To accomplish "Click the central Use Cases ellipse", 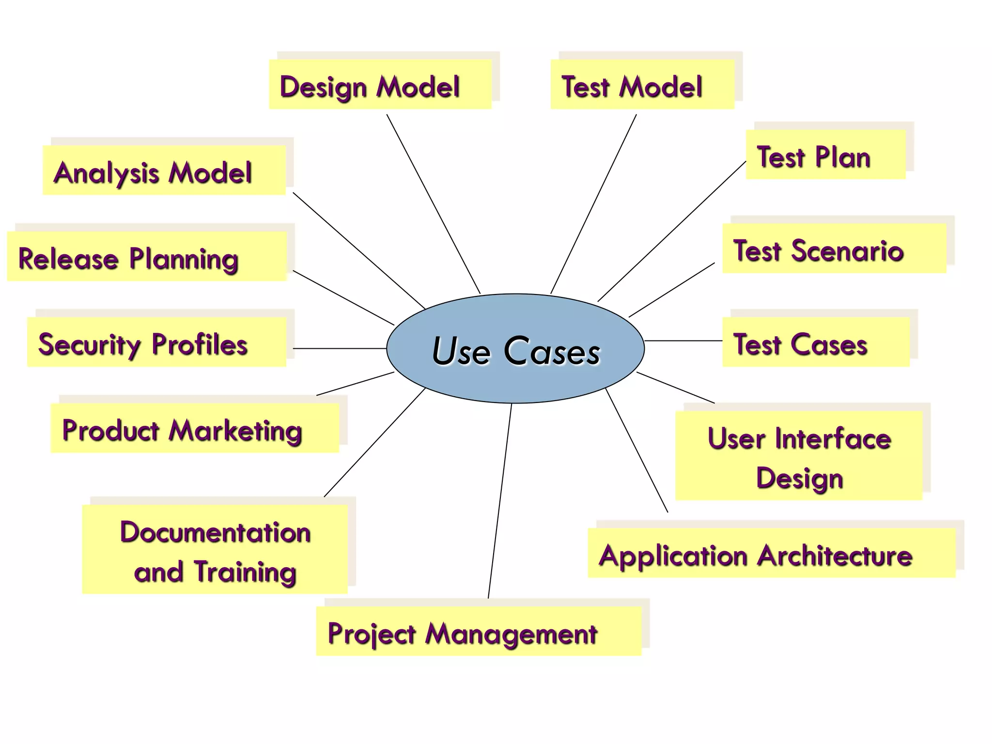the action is pos(515,348).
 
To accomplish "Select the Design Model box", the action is pos(381,84).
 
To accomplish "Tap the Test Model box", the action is pos(642,84).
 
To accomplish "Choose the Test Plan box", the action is pos(825,155).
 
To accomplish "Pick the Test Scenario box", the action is pos(834,248).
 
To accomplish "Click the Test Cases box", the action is pos(816,342).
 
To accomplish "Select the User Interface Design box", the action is pos(799,455).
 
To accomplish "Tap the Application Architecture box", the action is pos(772,553).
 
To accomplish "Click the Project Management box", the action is pos(479,631).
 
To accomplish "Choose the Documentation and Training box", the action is pos(215,549).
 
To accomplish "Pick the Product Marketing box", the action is pos(195,428).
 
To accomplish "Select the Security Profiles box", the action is pos(156,342).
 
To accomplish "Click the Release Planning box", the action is pos(147,256).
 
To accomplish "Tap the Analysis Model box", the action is pos(164,170).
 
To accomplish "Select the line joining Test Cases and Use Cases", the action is pos(683,341).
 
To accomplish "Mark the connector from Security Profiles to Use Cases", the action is pos(339,348).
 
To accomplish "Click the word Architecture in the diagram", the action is pos(835,555).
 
